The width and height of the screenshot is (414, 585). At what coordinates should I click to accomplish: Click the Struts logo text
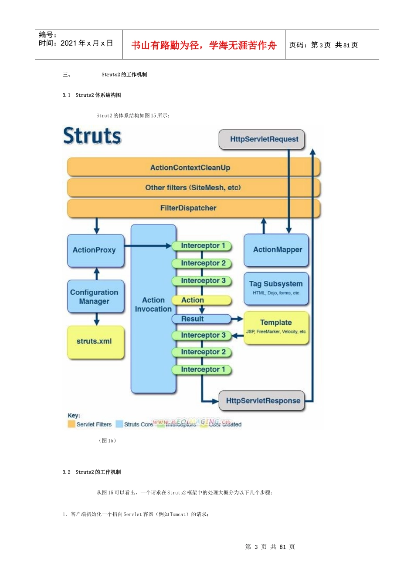pos(92,136)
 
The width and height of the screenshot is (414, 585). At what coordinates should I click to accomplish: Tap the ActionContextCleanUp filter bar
pos(190,168)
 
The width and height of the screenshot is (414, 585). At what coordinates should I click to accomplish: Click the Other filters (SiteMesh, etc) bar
pos(193,188)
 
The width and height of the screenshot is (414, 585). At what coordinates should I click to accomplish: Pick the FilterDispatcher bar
pos(188,208)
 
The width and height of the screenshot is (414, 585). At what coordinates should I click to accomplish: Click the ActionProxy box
pos(95,250)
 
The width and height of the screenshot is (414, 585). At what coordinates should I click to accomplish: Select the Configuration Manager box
pos(95,297)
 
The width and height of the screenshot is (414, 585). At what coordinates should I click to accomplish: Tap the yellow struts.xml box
pos(95,342)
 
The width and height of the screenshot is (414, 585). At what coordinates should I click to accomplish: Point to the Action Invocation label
pos(153,305)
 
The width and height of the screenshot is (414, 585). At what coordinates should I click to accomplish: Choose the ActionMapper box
pos(277,250)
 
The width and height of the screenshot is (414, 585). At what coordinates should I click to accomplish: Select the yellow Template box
pos(276,327)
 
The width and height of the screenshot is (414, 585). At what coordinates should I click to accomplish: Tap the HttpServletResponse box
pos(263,401)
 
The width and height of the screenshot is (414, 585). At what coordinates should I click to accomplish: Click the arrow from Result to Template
pos(237,319)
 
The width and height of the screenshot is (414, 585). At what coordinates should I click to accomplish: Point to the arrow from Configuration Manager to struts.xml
pos(97,319)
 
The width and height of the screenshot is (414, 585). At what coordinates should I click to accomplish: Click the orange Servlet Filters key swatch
pos(71,424)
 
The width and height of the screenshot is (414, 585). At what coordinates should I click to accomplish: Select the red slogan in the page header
pos(204,45)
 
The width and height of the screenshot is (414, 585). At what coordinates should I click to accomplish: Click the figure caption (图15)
pos(107,441)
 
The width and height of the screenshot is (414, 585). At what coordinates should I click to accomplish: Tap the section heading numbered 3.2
pos(92,472)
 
